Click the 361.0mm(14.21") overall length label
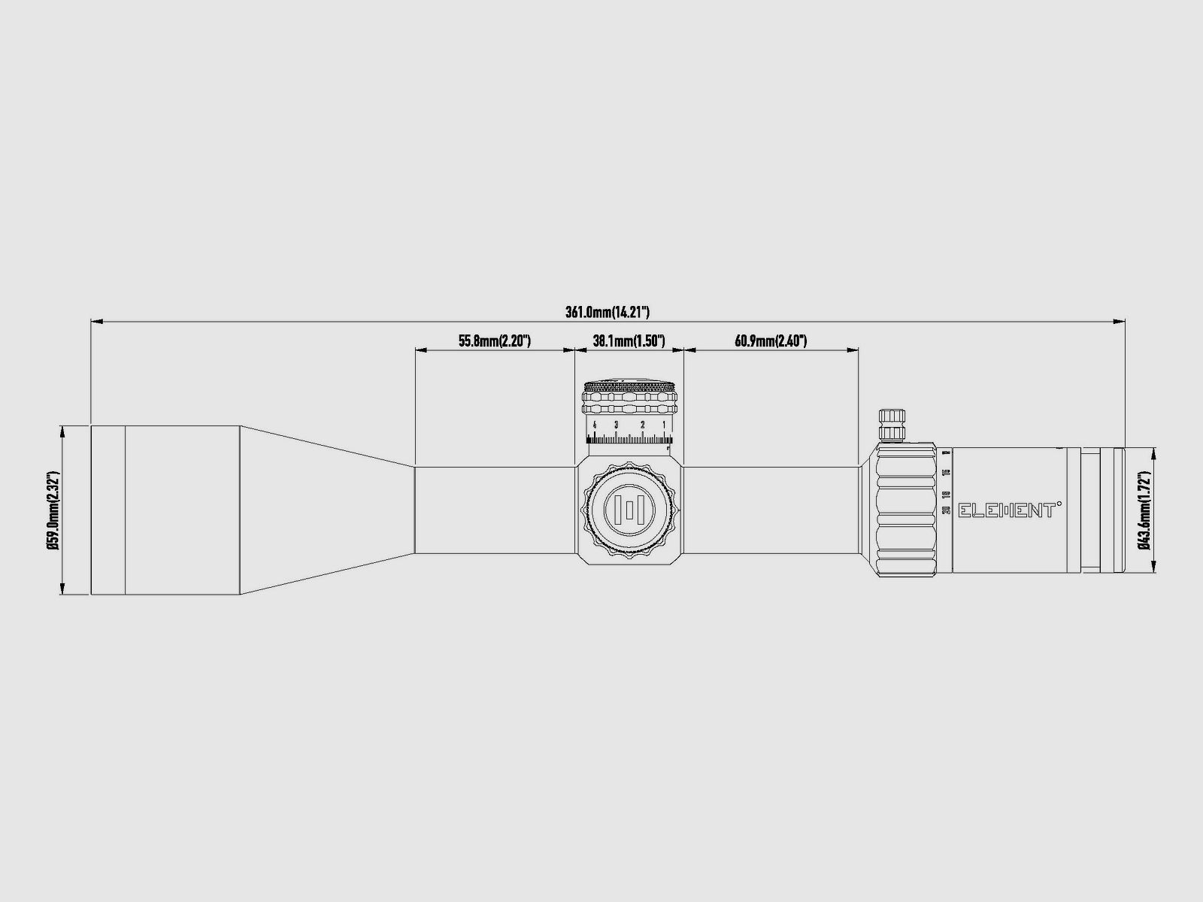(x=608, y=312)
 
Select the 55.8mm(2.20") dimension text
(x=495, y=341)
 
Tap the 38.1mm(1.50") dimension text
(x=629, y=341)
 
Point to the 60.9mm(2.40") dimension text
(x=771, y=341)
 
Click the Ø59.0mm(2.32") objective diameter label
(x=53, y=511)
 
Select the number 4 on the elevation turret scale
(x=595, y=425)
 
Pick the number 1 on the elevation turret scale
(x=664, y=425)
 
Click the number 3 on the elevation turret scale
(x=616, y=425)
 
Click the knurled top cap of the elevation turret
(x=630, y=387)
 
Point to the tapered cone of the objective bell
(x=327, y=510)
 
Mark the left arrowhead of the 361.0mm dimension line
(x=95, y=322)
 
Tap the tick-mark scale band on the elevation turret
(x=630, y=440)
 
